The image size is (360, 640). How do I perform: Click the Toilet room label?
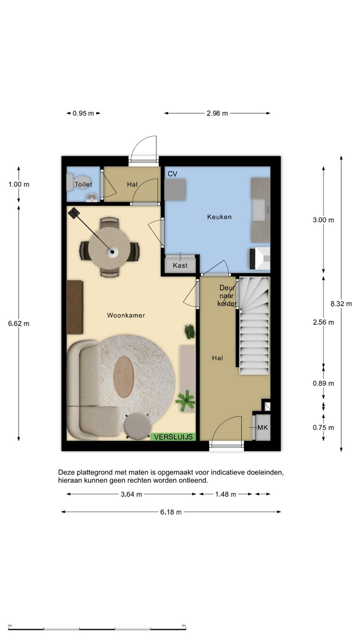pyautogui.click(x=84, y=184)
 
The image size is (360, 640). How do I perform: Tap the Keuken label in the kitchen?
pyautogui.click(x=219, y=217)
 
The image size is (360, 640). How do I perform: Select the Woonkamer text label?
pyautogui.click(x=126, y=315)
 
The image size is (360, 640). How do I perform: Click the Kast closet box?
pyautogui.click(x=180, y=265)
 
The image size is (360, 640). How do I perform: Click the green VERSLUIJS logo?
pyautogui.click(x=173, y=437)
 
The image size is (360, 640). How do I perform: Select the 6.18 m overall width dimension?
pyautogui.click(x=171, y=512)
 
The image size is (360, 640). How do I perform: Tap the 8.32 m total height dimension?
pyautogui.click(x=341, y=304)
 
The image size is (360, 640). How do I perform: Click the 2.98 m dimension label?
pyautogui.click(x=217, y=113)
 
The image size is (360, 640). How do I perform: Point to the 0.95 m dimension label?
pyautogui.click(x=83, y=113)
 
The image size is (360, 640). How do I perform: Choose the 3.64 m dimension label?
pyautogui.click(x=132, y=494)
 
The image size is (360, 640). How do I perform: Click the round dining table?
pyautogui.click(x=109, y=248)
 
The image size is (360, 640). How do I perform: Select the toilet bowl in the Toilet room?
pyautogui.click(x=70, y=183)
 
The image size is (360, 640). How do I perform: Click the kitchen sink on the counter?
pyautogui.click(x=260, y=210)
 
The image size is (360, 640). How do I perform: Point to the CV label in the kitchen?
pyautogui.click(x=172, y=174)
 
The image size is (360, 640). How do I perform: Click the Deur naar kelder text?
pyautogui.click(x=227, y=296)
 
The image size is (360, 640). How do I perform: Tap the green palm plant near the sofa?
pyautogui.click(x=185, y=400)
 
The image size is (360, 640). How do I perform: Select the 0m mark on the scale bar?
pyautogui.click(x=10, y=626)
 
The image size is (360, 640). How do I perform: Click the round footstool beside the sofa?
pyautogui.click(x=137, y=426)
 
